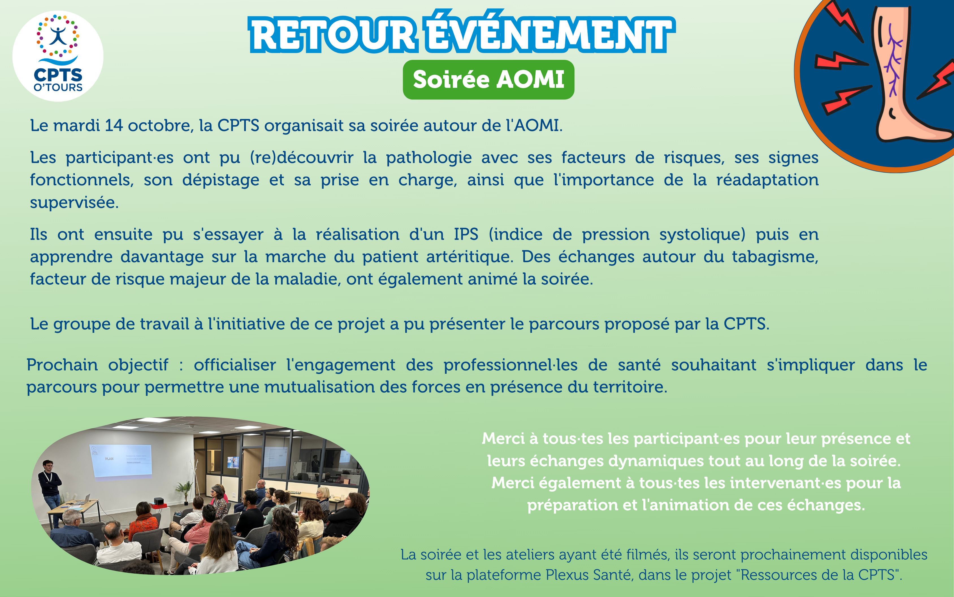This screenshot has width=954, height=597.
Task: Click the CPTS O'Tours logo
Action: pyautogui.click(x=58, y=56)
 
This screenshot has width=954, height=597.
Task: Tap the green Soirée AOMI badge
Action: pyautogui.click(x=488, y=80)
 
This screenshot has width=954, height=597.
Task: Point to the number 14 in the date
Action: pyautogui.click(x=114, y=126)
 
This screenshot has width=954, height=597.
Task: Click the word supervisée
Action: pyautogui.click(x=74, y=203)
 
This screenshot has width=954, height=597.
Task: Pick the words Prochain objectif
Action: pyautogui.click(x=98, y=365)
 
